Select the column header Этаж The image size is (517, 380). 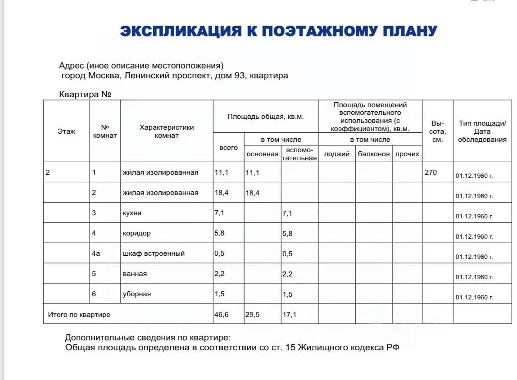tap(66, 131)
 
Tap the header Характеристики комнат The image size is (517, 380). tap(167, 131)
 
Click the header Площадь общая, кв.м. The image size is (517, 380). tap(266, 116)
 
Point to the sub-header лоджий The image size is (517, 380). tap(337, 154)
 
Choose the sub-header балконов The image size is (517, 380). tap(374, 154)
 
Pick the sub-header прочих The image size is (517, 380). tap(407, 154)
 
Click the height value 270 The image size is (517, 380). tap(431, 172)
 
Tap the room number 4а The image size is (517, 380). tap(96, 253)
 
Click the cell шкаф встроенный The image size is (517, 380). tap(154, 253)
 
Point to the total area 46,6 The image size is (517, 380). tap(222, 315)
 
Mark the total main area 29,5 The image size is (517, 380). tap(252, 315)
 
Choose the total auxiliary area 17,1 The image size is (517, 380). tap(289, 315)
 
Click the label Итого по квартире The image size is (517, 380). tap(79, 315)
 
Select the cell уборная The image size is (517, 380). tap(137, 294)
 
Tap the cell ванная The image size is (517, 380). tap(135, 274)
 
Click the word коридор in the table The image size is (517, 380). tap(137, 233)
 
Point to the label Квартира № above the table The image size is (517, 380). tap(85, 95)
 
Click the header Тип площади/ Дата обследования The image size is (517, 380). tap(482, 131)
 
